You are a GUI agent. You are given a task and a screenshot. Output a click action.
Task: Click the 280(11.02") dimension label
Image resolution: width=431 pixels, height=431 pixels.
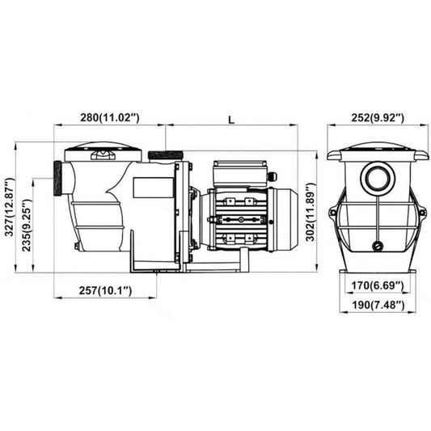[x=110, y=117]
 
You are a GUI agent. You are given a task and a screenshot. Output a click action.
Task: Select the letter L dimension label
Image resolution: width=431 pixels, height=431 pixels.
[x=232, y=120]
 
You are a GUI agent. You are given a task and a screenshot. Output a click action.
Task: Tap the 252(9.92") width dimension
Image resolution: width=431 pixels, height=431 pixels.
[x=378, y=117]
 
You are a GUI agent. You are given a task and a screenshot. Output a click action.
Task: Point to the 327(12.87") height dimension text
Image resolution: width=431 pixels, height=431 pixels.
[x=10, y=207]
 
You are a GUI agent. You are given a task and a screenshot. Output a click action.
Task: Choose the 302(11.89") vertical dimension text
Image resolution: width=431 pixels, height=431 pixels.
[x=311, y=212]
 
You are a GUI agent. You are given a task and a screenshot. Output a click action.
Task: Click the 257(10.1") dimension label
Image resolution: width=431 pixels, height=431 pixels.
[x=106, y=290]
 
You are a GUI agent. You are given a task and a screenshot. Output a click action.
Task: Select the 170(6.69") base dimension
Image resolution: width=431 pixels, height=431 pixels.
[x=378, y=285]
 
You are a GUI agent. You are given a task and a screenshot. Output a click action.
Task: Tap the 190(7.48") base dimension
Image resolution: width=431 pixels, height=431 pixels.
[x=378, y=305]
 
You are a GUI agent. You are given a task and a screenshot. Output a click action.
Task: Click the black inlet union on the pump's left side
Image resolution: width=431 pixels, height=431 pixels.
[x=57, y=178]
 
